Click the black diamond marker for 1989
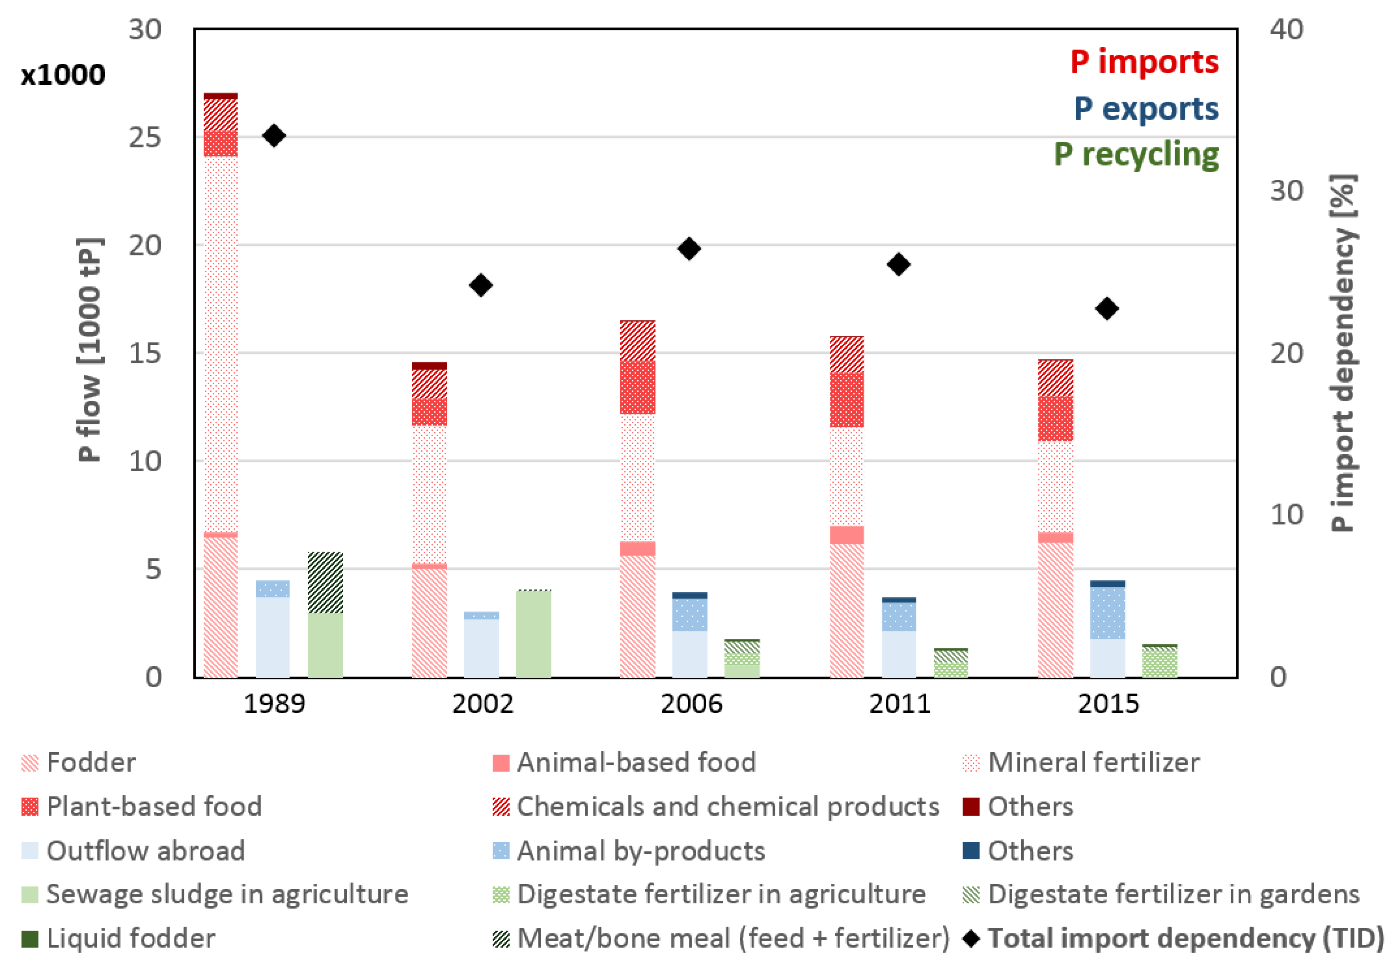coord(274,135)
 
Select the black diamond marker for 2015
coord(1107,309)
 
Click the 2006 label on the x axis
coord(691,704)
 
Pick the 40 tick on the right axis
coord(1286,30)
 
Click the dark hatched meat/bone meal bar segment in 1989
coord(325,582)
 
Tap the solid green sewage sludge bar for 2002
coord(534,634)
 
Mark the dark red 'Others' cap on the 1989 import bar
coord(220,96)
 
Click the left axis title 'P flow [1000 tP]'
coord(90,350)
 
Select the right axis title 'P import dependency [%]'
coord(1343,353)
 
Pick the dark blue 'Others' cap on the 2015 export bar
coord(1107,583)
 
